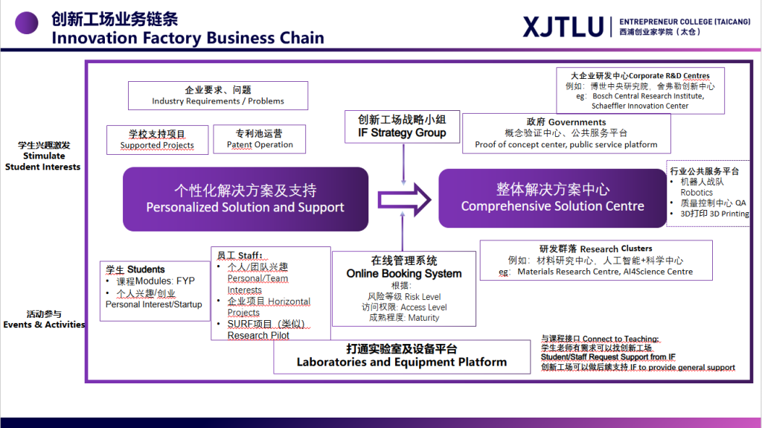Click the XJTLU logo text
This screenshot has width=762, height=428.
(x=563, y=27)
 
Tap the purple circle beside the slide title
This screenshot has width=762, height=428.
(x=27, y=22)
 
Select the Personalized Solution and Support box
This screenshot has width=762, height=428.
(x=245, y=199)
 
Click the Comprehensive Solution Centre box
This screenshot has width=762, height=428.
(x=552, y=198)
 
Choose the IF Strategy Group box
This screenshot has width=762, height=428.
(x=402, y=126)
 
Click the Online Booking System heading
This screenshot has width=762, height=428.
(x=403, y=273)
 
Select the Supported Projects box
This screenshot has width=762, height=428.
(x=157, y=140)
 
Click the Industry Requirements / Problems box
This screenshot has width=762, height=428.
(x=218, y=95)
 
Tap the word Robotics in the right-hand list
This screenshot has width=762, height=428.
(x=697, y=192)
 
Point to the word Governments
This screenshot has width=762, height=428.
(x=577, y=122)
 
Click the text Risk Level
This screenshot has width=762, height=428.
(x=423, y=296)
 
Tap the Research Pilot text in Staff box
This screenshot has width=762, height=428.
(x=258, y=335)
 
